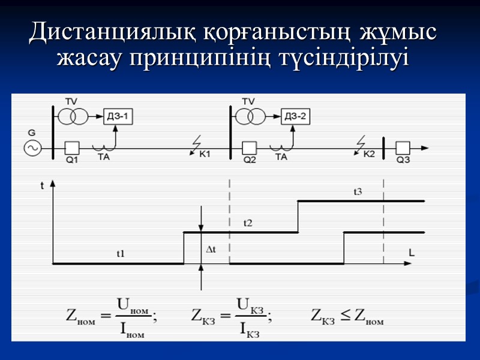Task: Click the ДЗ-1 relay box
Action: click(x=119, y=116)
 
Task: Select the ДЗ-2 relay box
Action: click(x=296, y=116)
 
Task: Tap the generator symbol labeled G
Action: click(x=32, y=147)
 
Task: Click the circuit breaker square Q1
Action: click(x=73, y=147)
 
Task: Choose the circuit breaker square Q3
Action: click(x=403, y=147)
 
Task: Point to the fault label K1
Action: click(x=205, y=155)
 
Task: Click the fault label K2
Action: click(x=368, y=155)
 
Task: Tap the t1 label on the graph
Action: click(x=121, y=254)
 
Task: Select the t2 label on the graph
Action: click(x=248, y=223)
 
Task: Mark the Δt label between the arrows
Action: click(x=211, y=248)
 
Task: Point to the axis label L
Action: click(x=411, y=253)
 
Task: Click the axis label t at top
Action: click(x=42, y=186)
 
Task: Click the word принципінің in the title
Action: click(x=203, y=59)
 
